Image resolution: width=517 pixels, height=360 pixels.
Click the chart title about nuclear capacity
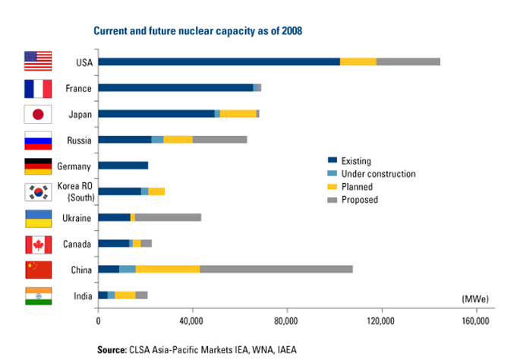(x=198, y=31)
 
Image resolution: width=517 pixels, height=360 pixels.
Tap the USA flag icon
(x=38, y=62)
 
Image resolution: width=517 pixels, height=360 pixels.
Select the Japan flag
(x=38, y=114)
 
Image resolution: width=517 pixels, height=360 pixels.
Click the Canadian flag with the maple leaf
(x=38, y=244)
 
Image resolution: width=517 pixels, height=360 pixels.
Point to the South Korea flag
(x=38, y=191)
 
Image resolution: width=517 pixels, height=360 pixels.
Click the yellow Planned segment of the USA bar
(x=358, y=62)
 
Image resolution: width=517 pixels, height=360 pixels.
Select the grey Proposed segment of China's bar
(x=276, y=269)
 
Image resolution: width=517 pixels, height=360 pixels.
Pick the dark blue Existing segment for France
(x=175, y=88)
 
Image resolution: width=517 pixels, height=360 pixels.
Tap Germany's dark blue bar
(x=123, y=166)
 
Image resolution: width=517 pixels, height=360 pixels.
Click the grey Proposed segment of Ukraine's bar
(x=168, y=217)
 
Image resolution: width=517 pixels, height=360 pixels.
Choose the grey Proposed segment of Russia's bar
(x=219, y=140)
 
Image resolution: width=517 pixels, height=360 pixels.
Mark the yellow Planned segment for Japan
(x=238, y=113)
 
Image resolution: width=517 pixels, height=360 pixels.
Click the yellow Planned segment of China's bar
(x=168, y=269)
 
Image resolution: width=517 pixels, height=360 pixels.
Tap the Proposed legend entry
(x=361, y=200)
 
